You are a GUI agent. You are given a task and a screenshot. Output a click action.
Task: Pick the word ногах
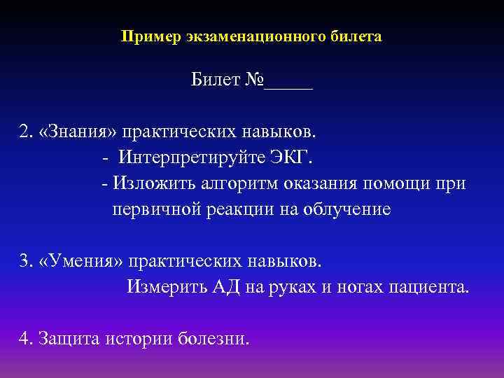coord(356,287)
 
